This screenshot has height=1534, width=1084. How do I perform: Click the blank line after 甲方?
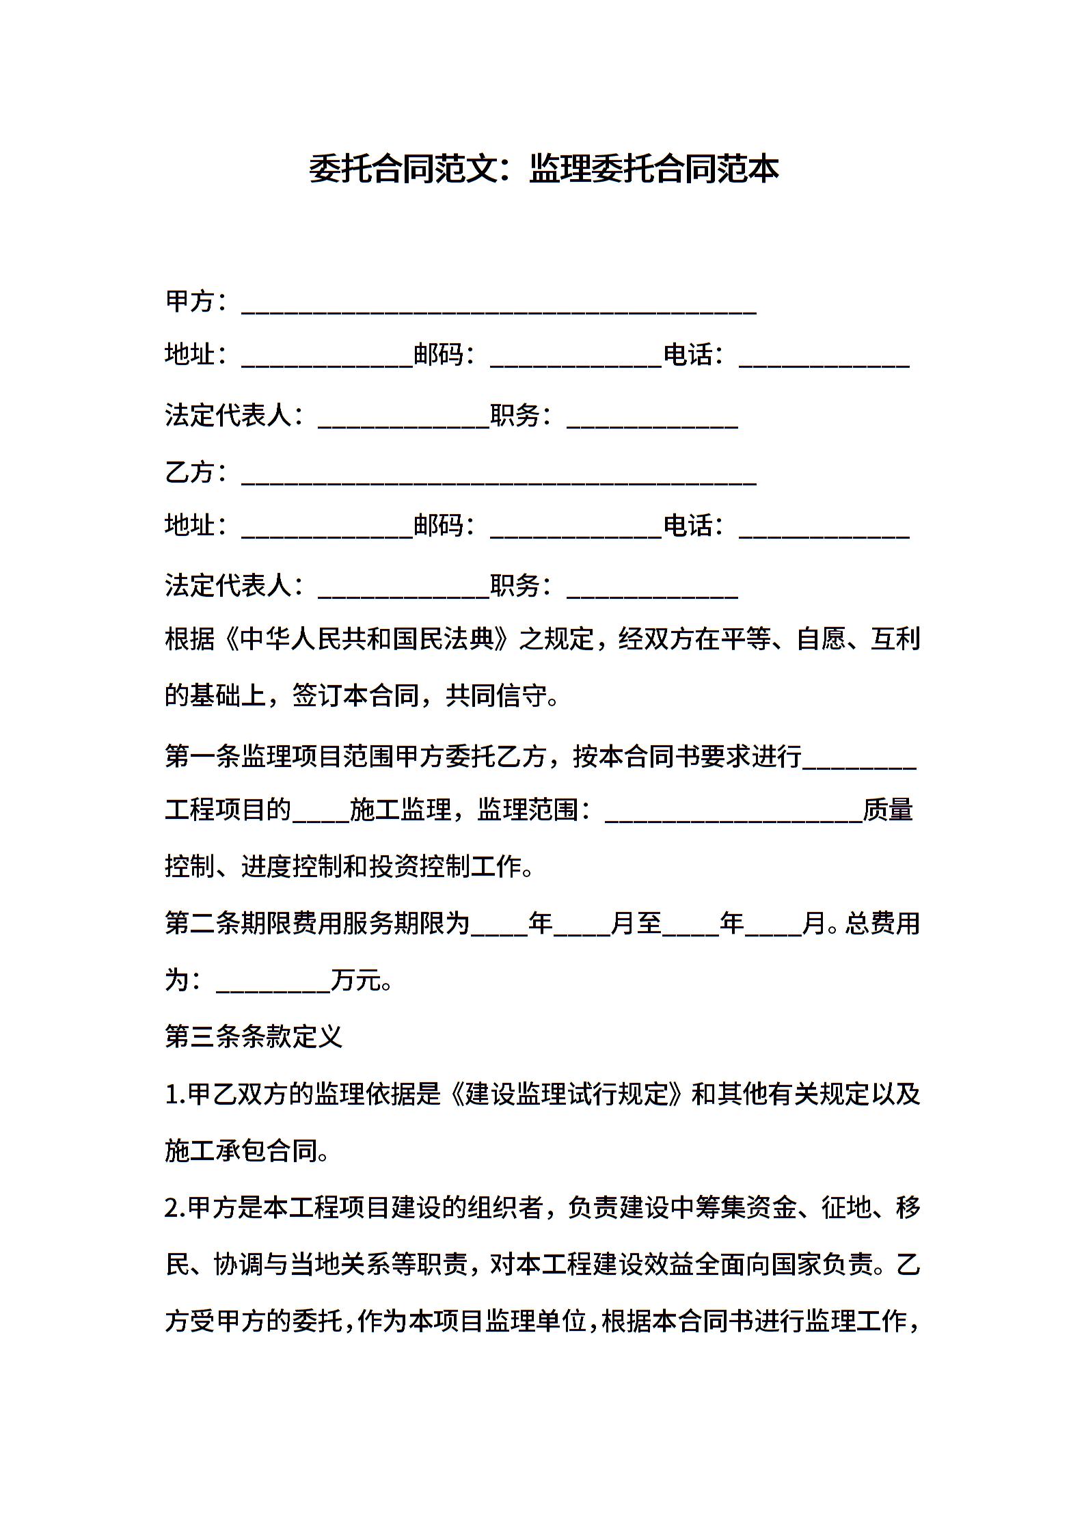(x=499, y=308)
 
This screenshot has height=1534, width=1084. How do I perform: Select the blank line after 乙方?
(x=499, y=479)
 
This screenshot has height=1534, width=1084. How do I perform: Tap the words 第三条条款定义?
(x=254, y=1037)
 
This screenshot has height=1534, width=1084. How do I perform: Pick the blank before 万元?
(x=273, y=985)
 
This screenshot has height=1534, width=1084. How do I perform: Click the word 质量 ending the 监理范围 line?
(x=888, y=810)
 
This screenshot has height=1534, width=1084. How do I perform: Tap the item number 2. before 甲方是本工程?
(x=174, y=1208)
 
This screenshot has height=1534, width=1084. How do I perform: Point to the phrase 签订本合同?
(x=355, y=697)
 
